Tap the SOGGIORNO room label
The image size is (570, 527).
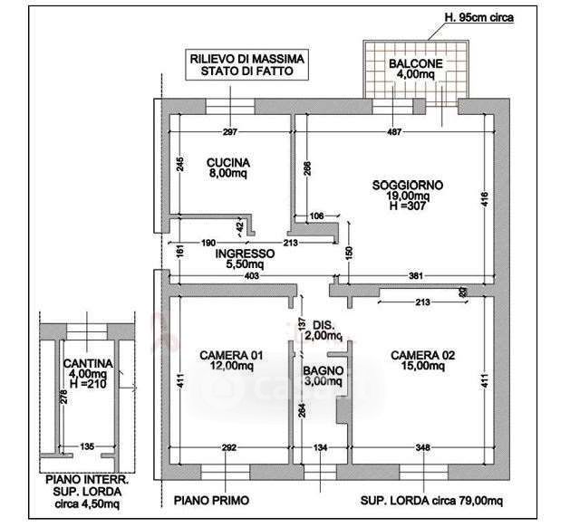click(407, 185)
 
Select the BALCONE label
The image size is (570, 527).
click(415, 63)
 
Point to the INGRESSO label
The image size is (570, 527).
click(245, 254)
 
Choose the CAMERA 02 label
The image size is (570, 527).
click(420, 355)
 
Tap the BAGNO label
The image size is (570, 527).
click(322, 371)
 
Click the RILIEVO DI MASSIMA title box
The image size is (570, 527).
click(246, 65)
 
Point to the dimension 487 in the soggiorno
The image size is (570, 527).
click(393, 133)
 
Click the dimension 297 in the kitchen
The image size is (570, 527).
click(229, 133)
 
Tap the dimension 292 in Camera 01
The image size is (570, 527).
click(229, 448)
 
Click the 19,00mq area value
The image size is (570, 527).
click(407, 196)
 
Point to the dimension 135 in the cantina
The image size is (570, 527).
click(87, 446)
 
